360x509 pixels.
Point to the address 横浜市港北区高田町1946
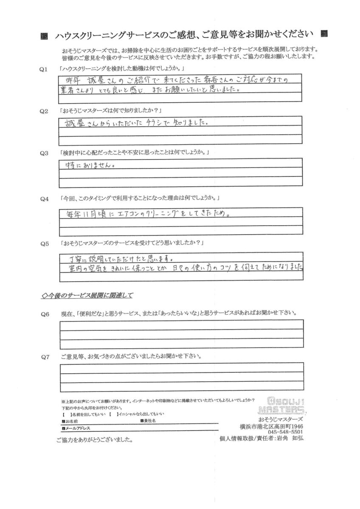pyautogui.click(x=271, y=426)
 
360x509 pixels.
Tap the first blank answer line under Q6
pyautogui.click(x=182, y=324)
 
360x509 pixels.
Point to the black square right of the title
pyautogui.click(x=324, y=33)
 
